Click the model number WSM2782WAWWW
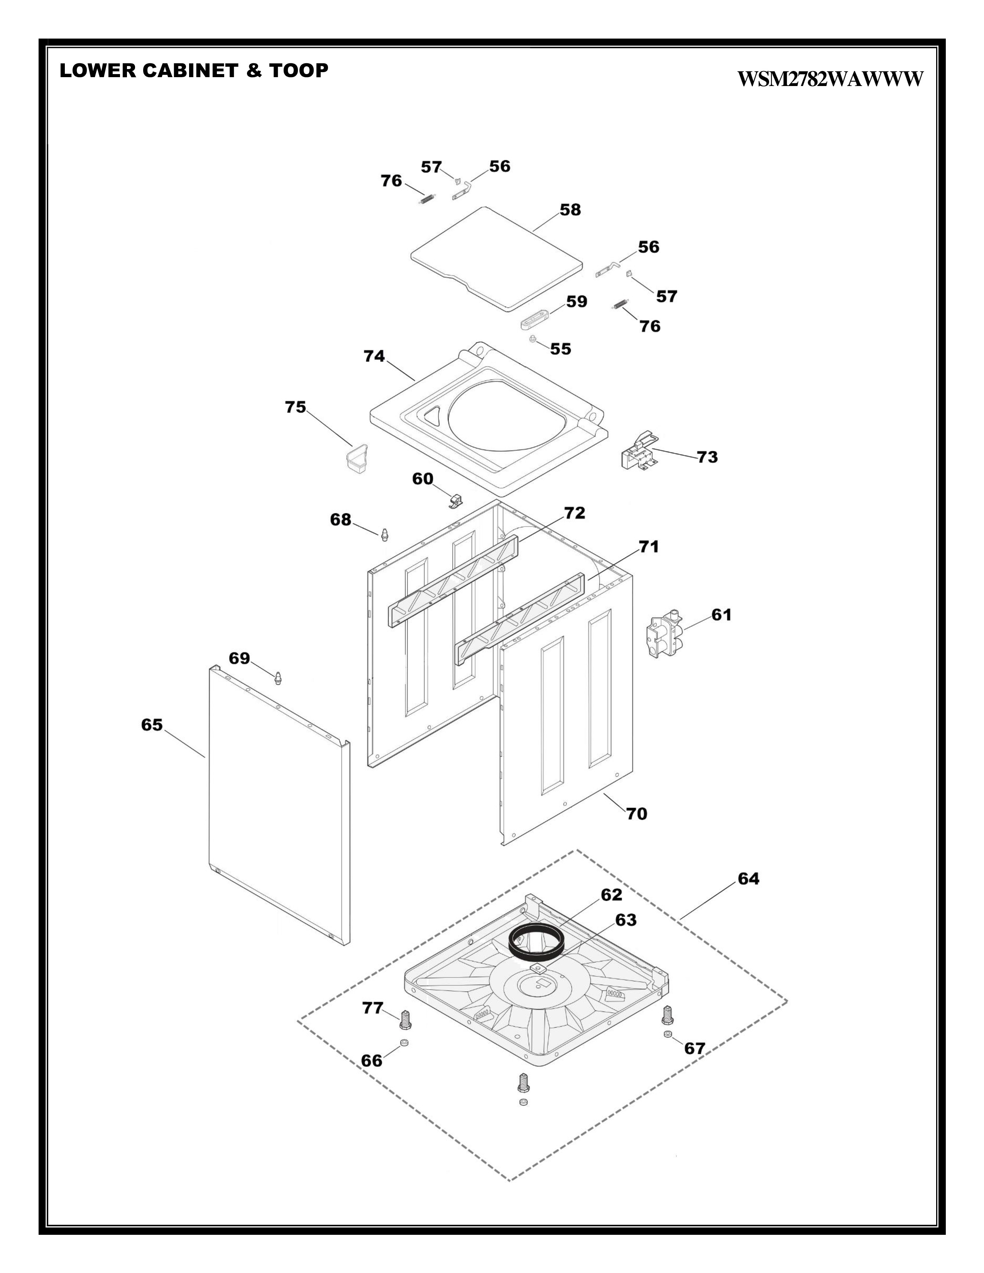click(x=830, y=79)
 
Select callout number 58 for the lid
click(x=570, y=210)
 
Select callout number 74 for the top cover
click(x=374, y=356)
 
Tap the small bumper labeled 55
click(x=533, y=340)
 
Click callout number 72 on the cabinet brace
click(x=574, y=513)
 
